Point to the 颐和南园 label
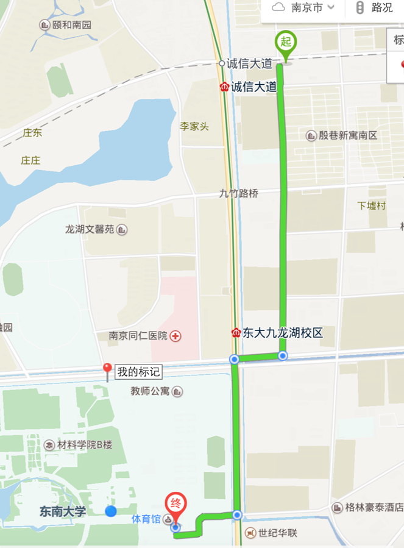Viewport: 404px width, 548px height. click(71, 25)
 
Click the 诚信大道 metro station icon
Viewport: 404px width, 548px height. click(224, 87)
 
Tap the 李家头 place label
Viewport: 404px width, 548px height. click(194, 126)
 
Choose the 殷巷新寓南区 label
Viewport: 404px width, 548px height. click(348, 135)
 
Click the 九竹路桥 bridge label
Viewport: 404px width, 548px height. click(238, 194)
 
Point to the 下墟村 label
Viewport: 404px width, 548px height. click(371, 205)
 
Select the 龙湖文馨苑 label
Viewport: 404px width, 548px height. click(90, 230)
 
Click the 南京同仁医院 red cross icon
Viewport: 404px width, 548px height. click(175, 336)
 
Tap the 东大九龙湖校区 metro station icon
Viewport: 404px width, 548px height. click(236, 333)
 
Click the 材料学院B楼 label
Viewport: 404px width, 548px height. click(85, 444)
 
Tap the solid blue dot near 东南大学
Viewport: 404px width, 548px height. click(111, 511)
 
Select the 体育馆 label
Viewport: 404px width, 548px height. click(146, 519)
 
